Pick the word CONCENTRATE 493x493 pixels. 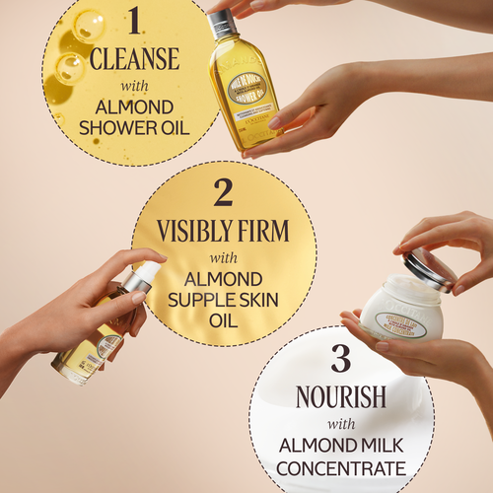(341, 467)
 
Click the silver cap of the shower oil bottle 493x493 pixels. (222, 23)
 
